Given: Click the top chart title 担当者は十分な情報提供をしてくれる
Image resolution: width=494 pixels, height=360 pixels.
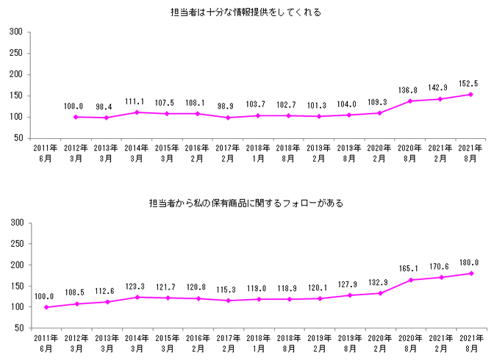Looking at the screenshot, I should (x=246, y=12).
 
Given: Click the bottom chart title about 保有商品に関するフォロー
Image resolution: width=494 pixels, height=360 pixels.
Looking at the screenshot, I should (x=246, y=203).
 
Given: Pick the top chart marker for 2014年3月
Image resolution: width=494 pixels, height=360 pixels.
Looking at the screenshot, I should (x=137, y=112).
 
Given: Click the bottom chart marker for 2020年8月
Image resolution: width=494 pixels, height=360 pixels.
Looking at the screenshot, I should (x=409, y=280).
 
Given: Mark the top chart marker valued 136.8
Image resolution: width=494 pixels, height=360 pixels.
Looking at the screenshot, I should (x=409, y=101).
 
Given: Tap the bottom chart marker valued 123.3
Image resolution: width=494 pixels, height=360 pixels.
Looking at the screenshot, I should (x=137, y=297).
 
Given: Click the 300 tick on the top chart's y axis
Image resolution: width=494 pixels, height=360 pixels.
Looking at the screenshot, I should (x=16, y=32).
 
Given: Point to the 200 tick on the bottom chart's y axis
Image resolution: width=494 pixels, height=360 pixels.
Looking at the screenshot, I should (x=16, y=264).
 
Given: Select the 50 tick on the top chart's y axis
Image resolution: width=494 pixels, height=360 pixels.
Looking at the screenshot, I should (x=18, y=138).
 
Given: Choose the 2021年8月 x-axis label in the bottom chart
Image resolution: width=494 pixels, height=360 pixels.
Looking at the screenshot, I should (x=471, y=343).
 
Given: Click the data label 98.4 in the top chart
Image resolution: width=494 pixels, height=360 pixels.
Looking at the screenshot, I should (x=105, y=107).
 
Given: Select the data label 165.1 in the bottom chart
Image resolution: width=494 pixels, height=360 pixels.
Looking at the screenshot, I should (x=409, y=269).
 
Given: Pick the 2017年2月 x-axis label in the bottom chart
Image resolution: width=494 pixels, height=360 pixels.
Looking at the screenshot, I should (x=228, y=343).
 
